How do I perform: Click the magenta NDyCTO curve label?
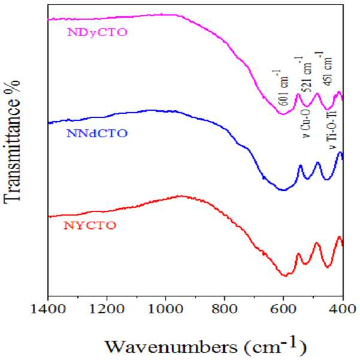pyautogui.click(x=97, y=32)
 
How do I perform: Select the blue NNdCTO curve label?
pyautogui.click(x=97, y=134)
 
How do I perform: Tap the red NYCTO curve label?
pyautogui.click(x=90, y=226)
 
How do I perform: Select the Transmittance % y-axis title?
pyautogui.click(x=11, y=143)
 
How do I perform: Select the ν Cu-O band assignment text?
pyautogui.click(x=307, y=123)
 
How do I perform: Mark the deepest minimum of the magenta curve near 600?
pyautogui.click(x=282, y=114)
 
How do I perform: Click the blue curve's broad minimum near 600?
pyautogui.click(x=283, y=190)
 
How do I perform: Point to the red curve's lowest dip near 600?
pyautogui.click(x=285, y=276)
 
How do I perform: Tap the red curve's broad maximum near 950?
pyautogui.click(x=182, y=196)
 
